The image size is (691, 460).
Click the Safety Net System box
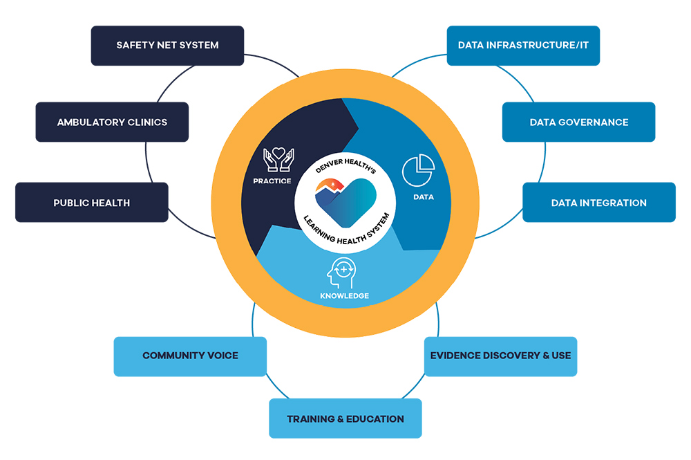click(167, 46)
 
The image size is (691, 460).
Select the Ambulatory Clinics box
click(112, 122)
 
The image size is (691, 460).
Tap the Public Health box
click(92, 203)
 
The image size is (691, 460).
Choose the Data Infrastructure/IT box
click(523, 46)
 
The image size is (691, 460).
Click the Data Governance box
click(578, 122)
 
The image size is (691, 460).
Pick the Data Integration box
click(598, 203)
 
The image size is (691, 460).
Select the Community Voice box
click(190, 356)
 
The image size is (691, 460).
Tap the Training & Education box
click(345, 418)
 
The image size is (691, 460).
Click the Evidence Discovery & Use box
click(500, 356)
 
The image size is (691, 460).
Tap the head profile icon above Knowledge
click(343, 272)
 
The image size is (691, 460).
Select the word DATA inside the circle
click(423, 197)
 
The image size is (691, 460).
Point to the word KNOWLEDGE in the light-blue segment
click(344, 296)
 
